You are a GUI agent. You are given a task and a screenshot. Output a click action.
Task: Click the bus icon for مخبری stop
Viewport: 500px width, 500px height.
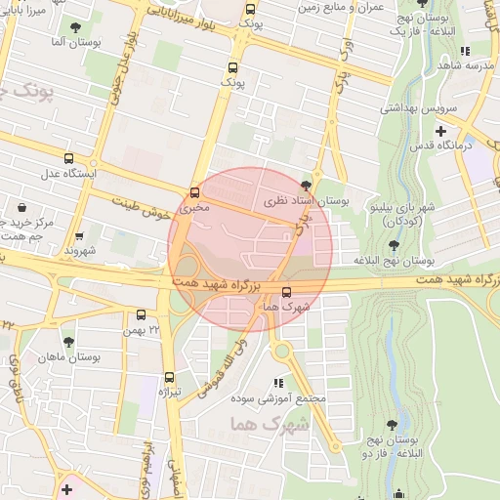pos(195,192)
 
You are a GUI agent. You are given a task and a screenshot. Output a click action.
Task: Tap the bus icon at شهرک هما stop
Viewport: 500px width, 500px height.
pos(286,291)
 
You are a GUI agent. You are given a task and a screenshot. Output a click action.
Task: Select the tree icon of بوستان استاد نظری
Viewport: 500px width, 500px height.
pos(308,186)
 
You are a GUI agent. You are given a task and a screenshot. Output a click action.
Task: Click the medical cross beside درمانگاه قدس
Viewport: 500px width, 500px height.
pos(440,130)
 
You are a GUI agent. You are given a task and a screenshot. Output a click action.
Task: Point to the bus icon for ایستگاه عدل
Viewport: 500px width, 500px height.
pos(68,157)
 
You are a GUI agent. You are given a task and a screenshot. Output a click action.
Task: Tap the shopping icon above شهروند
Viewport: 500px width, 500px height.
pos(79,235)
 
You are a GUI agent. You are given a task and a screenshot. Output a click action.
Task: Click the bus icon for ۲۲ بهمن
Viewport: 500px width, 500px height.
pos(142,314)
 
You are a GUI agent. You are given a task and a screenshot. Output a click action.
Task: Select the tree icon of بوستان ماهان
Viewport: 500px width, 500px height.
pos(68,342)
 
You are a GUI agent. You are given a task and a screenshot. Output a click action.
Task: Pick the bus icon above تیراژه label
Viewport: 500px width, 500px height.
pos(170,376)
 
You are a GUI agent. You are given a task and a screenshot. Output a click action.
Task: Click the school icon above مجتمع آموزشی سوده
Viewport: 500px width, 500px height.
pos(278,384)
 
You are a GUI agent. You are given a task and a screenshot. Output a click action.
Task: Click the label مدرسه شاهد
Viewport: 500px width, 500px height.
pos(462,64)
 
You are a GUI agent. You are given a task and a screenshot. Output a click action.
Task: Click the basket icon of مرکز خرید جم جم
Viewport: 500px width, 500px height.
pos(21,207)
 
